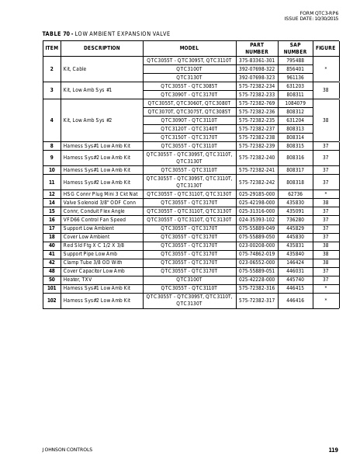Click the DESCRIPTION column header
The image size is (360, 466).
pyautogui.click(x=102, y=48)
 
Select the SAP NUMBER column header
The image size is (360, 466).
pyautogui.click(x=295, y=48)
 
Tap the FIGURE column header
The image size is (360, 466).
pyautogui.click(x=326, y=48)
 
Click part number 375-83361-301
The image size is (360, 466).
pyautogui.click(x=257, y=61)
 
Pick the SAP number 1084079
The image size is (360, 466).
pyautogui.click(x=295, y=103)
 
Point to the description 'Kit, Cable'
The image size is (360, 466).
pyautogui.click(x=74, y=69)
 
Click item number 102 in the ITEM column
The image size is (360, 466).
pyautogui.click(x=52, y=300)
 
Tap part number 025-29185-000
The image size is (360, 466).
pyautogui.click(x=257, y=194)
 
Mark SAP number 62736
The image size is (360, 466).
pyautogui.click(x=295, y=194)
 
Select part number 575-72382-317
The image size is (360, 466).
pyautogui.click(x=257, y=300)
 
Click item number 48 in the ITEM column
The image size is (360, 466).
pyautogui.click(x=52, y=271)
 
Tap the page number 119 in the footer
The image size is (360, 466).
pyautogui.click(x=333, y=450)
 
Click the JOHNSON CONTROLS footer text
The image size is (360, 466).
pyautogui.click(x=67, y=450)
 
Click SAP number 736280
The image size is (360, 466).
pyautogui.click(x=295, y=220)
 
